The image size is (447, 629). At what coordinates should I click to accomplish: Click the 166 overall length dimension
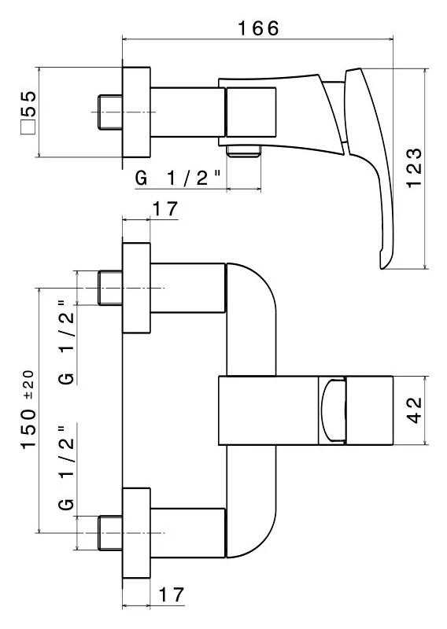[258, 28]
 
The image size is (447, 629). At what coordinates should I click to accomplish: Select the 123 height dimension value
[414, 167]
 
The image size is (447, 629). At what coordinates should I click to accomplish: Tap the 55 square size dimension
[29, 104]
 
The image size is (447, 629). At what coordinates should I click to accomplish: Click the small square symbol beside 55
[28, 127]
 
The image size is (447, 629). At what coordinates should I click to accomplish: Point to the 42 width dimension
[415, 410]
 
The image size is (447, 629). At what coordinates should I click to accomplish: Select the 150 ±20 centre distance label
[29, 409]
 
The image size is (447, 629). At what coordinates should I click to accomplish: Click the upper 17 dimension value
[165, 209]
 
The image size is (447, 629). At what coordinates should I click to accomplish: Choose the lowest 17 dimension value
[172, 595]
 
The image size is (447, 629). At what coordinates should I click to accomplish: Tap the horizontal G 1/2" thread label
[179, 178]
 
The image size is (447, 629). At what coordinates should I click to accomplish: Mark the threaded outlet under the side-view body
[244, 152]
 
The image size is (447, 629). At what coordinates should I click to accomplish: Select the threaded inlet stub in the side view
[110, 112]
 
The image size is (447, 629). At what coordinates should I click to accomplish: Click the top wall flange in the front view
[136, 288]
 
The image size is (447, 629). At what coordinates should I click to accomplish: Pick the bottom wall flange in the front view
[136, 533]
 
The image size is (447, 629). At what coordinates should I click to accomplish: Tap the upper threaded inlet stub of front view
[110, 288]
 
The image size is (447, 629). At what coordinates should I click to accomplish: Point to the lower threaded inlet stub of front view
[110, 533]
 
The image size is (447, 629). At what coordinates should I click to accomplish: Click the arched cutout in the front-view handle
[333, 410]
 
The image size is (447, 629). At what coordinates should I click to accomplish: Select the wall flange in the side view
[136, 112]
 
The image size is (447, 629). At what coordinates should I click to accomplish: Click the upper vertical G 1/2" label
[67, 342]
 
